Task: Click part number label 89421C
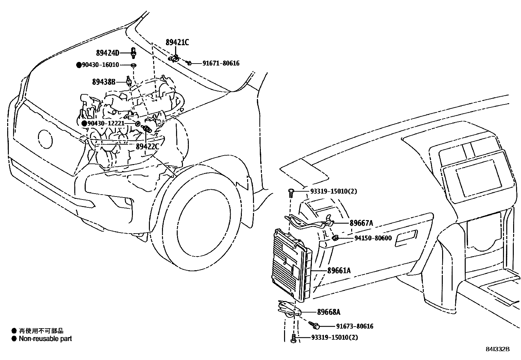pos(177,42)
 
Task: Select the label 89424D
pos(108,53)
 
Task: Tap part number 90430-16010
pos(100,65)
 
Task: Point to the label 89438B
pos(104,82)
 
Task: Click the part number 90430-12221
pos(106,123)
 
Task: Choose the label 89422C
pos(147,146)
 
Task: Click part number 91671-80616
pos(221,63)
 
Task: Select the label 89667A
pos(361,223)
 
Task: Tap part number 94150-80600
pos(373,238)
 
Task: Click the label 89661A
pos(339,271)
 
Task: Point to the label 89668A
pos(329,312)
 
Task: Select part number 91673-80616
pos(355,326)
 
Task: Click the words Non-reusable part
pos(45,339)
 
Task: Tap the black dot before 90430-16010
pos(79,65)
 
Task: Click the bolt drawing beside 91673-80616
pos(315,325)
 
